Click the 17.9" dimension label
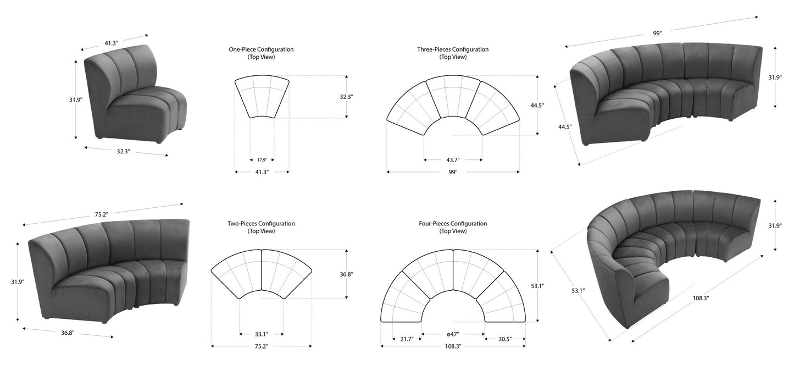[262, 160]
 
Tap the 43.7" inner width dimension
[453, 160]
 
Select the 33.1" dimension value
[261, 334]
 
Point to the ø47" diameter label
[453, 334]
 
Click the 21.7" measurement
[407, 339]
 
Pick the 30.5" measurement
[505, 339]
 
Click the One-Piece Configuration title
[261, 49]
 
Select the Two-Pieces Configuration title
[261, 224]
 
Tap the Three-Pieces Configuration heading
[453, 49]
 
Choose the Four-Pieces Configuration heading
[453, 224]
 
